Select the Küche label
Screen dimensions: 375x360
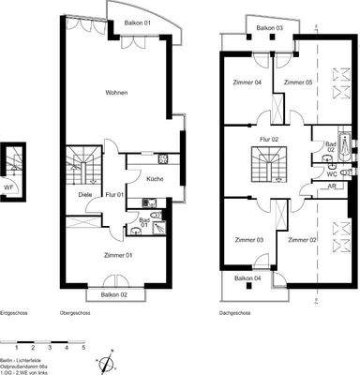pyautogui.click(x=155, y=177)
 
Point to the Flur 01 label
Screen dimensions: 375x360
pyautogui.click(x=115, y=194)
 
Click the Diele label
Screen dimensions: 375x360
pyautogui.click(x=83, y=194)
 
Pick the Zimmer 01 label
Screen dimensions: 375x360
pyautogui.click(x=117, y=254)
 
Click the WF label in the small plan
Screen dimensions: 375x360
pyautogui.click(x=8, y=186)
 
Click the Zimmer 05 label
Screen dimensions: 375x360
pyautogui.click(x=297, y=82)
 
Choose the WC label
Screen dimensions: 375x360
pyautogui.click(x=331, y=173)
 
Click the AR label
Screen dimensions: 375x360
pyautogui.click(x=333, y=187)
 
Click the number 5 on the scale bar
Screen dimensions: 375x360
pyautogui.click(x=83, y=347)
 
